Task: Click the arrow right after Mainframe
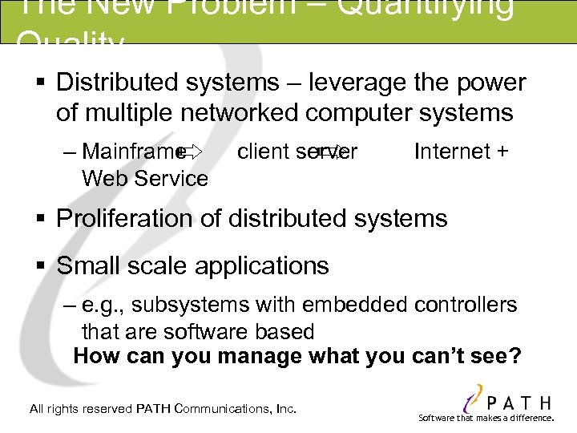pyautogui.click(x=192, y=151)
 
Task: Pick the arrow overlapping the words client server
pyautogui.click(x=328, y=151)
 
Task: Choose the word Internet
pyautogui.click(x=452, y=151)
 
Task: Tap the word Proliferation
pyautogui.click(x=123, y=218)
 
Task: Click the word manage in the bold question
pyautogui.click(x=258, y=355)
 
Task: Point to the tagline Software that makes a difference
pyautogui.click(x=486, y=418)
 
